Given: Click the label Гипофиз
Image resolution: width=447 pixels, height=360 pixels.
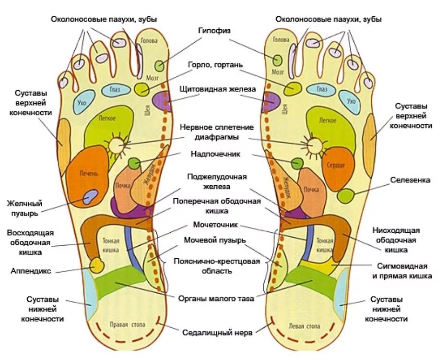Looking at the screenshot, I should click(x=214, y=30).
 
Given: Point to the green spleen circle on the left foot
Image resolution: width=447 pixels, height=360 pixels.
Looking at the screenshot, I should click(x=345, y=195).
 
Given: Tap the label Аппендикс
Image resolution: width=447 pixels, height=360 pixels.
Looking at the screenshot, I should click(x=31, y=271).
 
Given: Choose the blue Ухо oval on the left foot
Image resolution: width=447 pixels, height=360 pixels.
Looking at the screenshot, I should click(x=352, y=101).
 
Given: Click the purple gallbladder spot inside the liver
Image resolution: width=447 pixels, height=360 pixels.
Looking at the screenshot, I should click(x=90, y=197).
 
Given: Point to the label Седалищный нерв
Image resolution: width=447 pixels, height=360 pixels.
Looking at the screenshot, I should click(x=217, y=332).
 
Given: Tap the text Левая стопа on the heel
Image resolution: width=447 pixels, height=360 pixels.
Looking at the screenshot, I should click(x=304, y=326).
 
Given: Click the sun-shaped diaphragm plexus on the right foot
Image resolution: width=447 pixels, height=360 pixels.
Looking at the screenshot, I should click(x=116, y=144).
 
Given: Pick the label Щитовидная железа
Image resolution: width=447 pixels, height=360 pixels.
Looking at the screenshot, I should click(x=218, y=89).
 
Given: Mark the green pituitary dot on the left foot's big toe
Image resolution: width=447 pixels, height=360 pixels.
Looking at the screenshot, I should click(x=278, y=60).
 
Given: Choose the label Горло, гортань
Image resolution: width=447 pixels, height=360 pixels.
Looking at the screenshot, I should click(x=216, y=64).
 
